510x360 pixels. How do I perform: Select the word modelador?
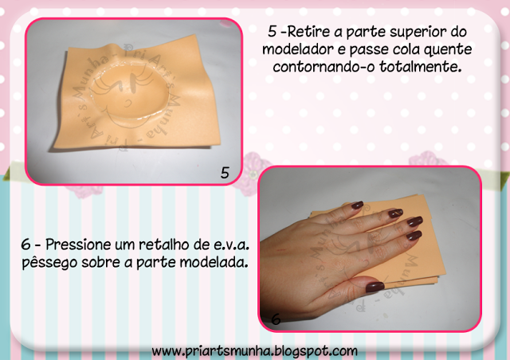point(298,49)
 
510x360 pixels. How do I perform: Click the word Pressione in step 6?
point(78,245)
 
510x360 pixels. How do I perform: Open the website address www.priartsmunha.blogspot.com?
point(255,351)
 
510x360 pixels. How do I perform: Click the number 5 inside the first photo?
point(225,173)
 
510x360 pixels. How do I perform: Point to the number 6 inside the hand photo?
point(276,319)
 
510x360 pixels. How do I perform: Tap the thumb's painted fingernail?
point(375,288)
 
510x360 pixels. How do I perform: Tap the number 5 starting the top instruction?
point(273,32)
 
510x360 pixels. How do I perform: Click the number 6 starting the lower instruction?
point(26,245)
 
